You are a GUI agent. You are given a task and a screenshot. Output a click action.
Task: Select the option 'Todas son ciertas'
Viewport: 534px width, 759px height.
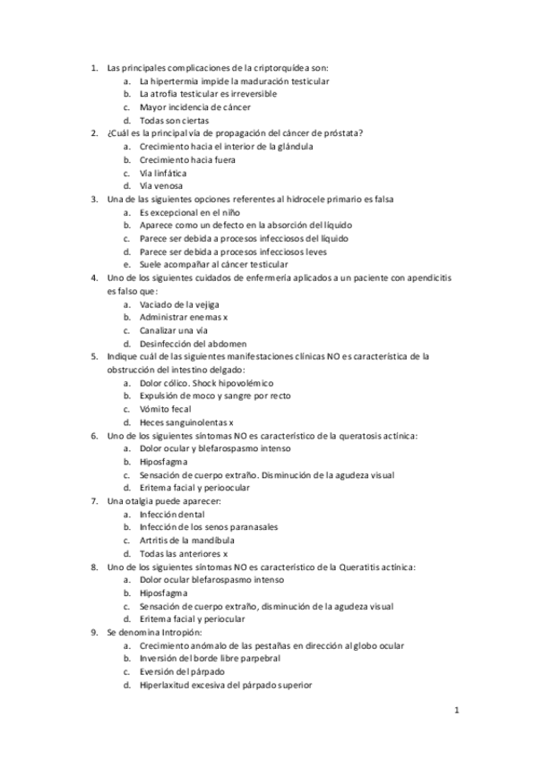click(175, 120)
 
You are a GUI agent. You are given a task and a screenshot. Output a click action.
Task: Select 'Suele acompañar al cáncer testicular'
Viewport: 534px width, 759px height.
click(213, 264)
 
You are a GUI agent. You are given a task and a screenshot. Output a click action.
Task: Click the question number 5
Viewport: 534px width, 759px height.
click(94, 356)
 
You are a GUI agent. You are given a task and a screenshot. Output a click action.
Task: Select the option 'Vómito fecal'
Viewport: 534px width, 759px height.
click(167, 409)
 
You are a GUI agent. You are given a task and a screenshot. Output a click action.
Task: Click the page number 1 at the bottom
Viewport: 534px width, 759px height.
click(456, 712)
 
